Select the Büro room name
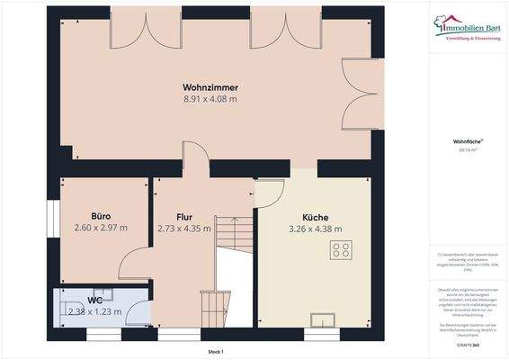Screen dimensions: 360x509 click(101, 216)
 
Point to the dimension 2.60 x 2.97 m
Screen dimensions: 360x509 click(101, 228)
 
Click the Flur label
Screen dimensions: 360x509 click(184, 217)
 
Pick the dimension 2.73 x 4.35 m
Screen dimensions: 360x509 click(184, 229)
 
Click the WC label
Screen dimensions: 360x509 click(95, 301)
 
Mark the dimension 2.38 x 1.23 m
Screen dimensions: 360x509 click(95, 311)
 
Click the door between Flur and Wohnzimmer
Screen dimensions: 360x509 click(193, 160)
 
